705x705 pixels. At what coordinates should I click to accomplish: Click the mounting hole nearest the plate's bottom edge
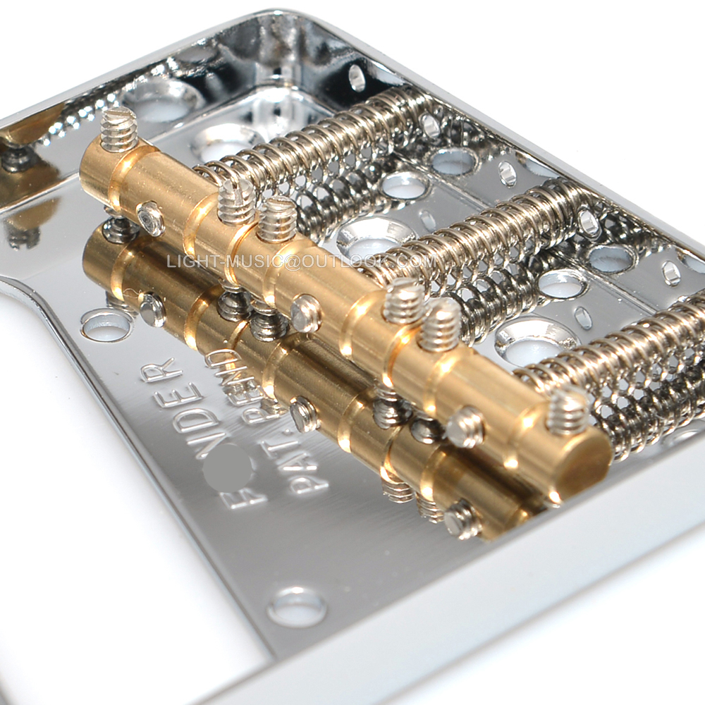click(x=297, y=606)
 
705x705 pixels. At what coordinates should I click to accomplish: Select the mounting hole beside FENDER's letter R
click(x=106, y=324)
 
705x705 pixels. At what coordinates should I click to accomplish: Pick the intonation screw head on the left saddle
click(x=150, y=219)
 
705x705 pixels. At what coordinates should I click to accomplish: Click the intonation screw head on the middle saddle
click(x=305, y=314)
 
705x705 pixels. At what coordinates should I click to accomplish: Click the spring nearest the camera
click(x=620, y=367)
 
